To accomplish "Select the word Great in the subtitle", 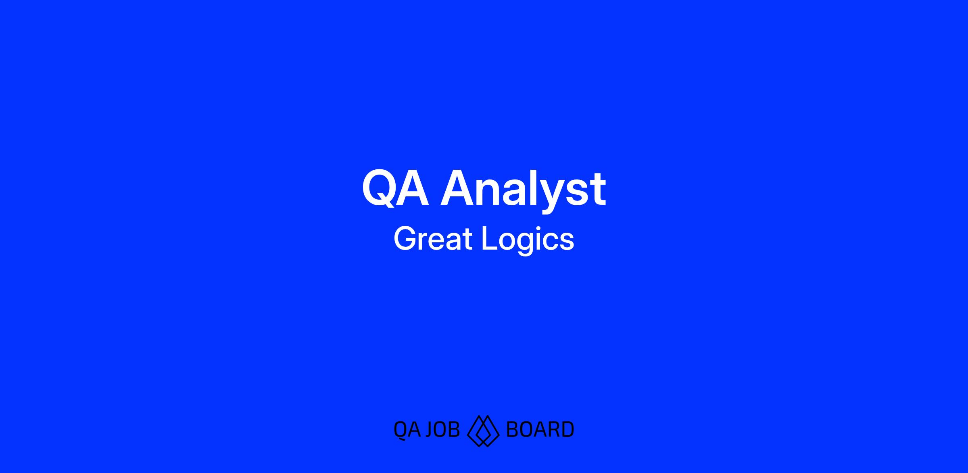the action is click(x=433, y=238).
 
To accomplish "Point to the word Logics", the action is click(x=528, y=241).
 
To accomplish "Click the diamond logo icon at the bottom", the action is click(x=483, y=430).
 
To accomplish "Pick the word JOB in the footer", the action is click(x=442, y=429).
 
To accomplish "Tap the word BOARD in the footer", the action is click(x=540, y=429).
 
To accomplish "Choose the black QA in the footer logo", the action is click(x=407, y=430).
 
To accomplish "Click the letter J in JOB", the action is click(x=429, y=429).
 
